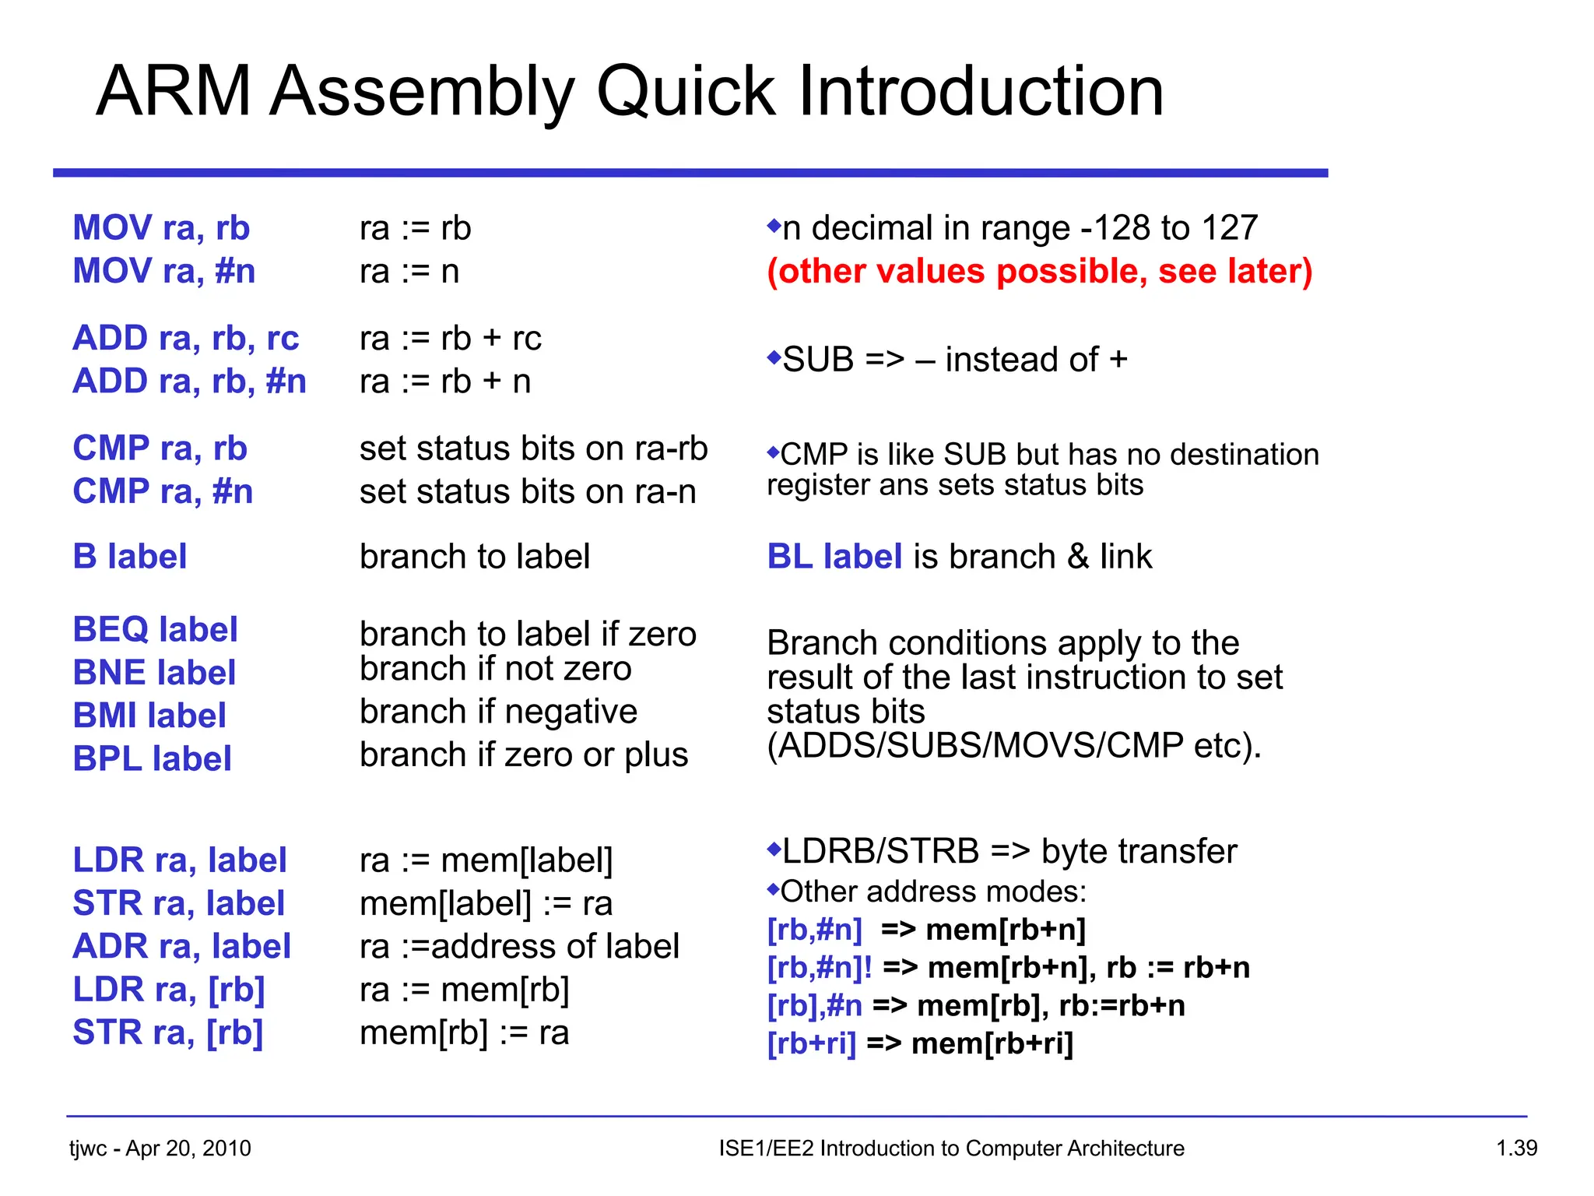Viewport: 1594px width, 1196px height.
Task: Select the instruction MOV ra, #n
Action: [163, 271]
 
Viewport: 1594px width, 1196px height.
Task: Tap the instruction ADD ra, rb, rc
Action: [185, 338]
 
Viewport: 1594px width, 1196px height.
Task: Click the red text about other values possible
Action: [1039, 272]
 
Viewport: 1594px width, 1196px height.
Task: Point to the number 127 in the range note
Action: [1229, 228]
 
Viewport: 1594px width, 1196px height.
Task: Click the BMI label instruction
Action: [149, 716]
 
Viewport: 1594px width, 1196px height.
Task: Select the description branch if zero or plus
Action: [524, 755]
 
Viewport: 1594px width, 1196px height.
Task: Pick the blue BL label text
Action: [834, 557]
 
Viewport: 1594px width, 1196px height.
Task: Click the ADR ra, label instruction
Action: [181, 946]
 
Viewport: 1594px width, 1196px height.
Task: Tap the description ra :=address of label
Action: [519, 946]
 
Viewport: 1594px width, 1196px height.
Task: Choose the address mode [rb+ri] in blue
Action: [811, 1043]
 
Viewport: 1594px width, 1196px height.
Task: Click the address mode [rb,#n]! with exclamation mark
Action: [820, 968]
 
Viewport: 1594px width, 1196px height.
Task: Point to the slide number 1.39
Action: [1516, 1149]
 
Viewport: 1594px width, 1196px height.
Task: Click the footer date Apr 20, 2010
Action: [188, 1149]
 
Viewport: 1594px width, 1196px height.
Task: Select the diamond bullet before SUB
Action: [773, 357]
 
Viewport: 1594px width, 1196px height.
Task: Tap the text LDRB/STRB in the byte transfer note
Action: [880, 851]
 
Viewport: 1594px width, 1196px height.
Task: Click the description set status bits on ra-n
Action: [528, 492]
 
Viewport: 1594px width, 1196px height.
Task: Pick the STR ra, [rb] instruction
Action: [167, 1032]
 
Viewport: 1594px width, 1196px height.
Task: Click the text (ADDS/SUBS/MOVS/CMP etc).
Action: [1013, 746]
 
